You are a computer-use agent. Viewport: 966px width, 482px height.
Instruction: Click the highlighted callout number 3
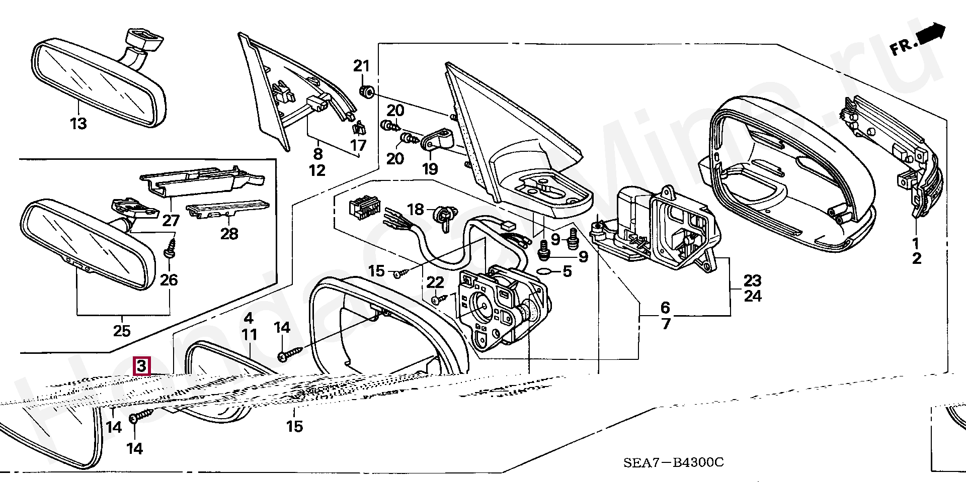141,366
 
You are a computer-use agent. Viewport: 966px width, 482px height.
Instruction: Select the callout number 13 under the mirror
78,123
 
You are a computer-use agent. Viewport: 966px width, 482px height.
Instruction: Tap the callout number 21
361,66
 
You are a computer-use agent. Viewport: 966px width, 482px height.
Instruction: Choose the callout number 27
171,220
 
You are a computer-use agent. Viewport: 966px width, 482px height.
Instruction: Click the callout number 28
229,234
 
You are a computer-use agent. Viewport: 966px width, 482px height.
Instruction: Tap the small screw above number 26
170,247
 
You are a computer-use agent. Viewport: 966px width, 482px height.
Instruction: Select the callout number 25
122,331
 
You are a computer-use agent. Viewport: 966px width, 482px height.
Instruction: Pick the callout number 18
416,209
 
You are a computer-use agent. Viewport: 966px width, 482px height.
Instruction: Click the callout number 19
430,168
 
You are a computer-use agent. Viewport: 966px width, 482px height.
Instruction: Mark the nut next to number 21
366,91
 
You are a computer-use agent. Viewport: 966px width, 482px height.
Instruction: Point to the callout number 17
358,146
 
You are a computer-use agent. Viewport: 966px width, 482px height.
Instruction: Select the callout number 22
436,283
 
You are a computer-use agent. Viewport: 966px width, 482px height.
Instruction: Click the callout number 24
753,296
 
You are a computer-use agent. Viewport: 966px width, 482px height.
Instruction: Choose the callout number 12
317,170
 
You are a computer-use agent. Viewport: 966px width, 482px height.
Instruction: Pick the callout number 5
567,272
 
